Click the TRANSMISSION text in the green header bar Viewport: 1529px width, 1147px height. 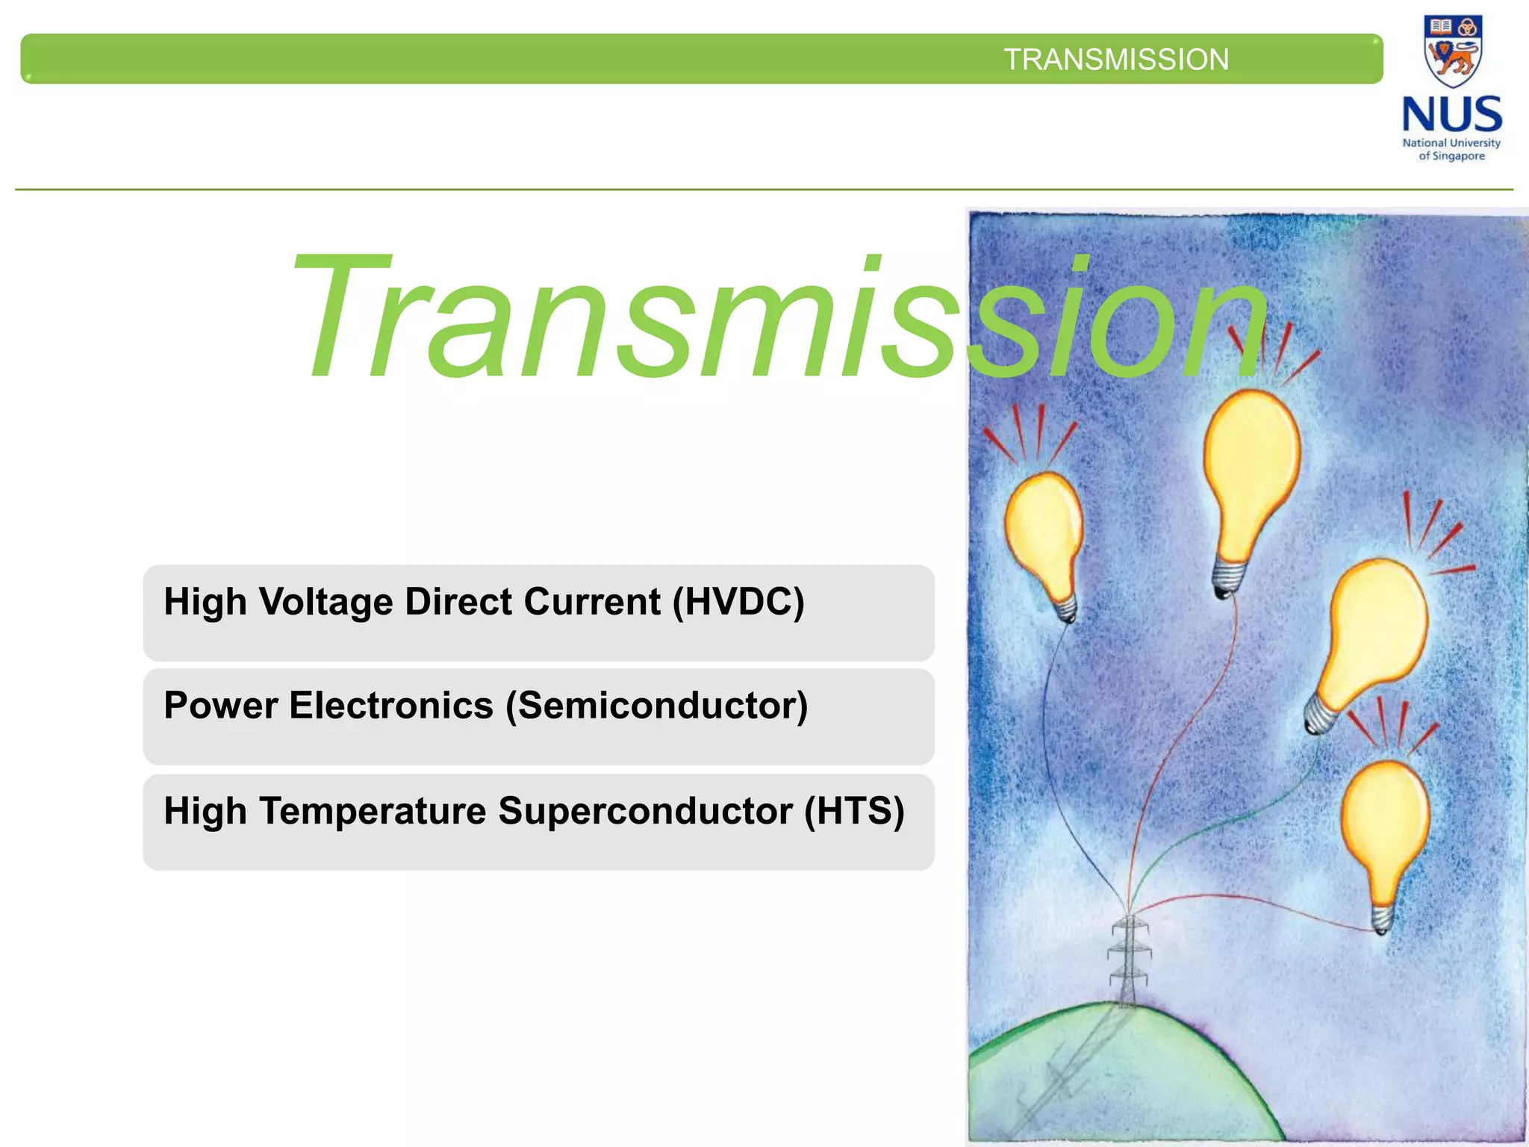[x=1115, y=60]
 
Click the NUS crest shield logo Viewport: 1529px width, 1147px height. [x=1453, y=51]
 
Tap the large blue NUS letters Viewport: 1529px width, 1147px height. [x=1451, y=114]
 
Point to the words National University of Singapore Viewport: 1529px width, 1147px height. [x=1451, y=149]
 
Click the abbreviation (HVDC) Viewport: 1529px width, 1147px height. [x=738, y=602]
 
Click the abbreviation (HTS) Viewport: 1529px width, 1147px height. [x=854, y=811]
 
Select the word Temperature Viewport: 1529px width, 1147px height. [x=373, y=811]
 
